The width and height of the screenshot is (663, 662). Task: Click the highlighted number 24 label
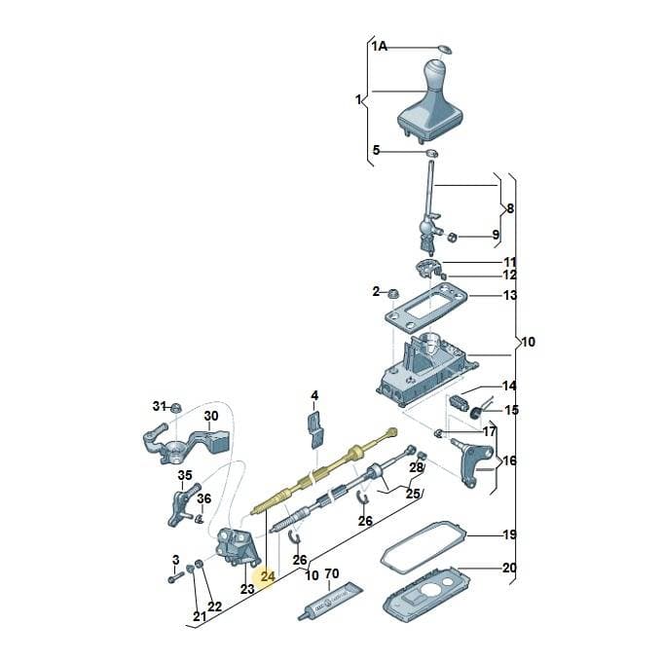click(x=268, y=576)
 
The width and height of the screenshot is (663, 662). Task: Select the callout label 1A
click(x=380, y=46)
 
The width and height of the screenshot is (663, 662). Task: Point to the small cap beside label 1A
click(x=445, y=49)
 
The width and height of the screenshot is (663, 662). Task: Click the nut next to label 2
click(x=393, y=292)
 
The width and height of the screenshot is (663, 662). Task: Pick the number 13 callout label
click(x=510, y=295)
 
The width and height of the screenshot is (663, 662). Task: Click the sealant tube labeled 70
click(x=330, y=601)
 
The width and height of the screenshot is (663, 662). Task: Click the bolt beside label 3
click(x=174, y=577)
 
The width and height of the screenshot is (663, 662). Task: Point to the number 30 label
click(x=211, y=416)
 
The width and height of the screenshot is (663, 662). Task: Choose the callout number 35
click(x=185, y=476)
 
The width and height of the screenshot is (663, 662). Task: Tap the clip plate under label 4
click(x=315, y=430)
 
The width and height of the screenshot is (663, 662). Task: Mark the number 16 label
click(x=510, y=460)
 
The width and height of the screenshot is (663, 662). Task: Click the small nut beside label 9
click(x=452, y=238)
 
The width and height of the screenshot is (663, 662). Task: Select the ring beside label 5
click(x=431, y=153)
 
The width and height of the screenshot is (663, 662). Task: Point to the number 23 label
click(x=247, y=588)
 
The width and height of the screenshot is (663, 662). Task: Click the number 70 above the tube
click(x=331, y=573)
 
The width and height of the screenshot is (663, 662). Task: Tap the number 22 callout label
click(x=214, y=607)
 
